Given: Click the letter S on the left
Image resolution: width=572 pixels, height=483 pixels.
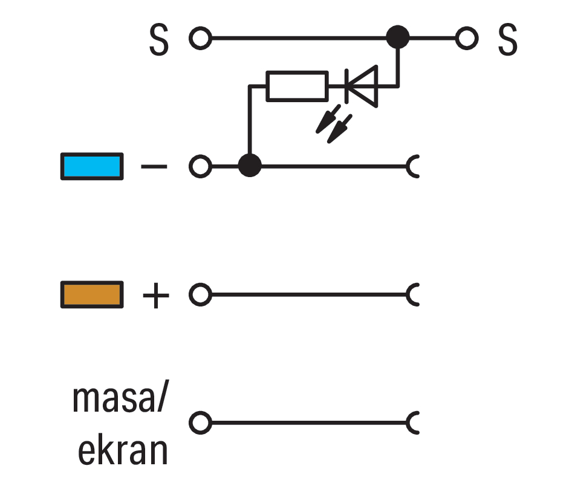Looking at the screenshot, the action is (x=159, y=39).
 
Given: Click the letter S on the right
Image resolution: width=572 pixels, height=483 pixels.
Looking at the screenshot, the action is (x=508, y=39).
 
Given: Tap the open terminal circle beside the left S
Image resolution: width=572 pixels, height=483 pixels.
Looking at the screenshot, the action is (x=200, y=38).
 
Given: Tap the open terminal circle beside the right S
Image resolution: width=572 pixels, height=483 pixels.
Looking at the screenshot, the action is (x=467, y=38).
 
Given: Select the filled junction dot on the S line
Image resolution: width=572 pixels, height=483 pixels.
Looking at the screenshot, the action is (x=398, y=37).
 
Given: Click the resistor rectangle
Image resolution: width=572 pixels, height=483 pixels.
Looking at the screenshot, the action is (x=297, y=86).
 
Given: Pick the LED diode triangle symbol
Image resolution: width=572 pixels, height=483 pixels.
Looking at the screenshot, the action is (x=361, y=86).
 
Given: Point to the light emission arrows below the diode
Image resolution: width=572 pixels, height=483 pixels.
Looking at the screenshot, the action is (x=334, y=124).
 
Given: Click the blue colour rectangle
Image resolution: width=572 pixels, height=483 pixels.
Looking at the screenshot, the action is (x=92, y=166).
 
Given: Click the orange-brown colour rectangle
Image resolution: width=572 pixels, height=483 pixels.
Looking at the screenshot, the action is (x=92, y=295).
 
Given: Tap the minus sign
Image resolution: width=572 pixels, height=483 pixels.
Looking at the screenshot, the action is (x=154, y=167).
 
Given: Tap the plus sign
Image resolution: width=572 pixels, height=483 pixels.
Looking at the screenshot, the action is (x=156, y=295).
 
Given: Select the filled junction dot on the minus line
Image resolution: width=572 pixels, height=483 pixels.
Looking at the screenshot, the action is (x=250, y=165).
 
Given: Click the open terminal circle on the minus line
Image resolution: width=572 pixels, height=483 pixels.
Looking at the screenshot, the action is (x=200, y=166).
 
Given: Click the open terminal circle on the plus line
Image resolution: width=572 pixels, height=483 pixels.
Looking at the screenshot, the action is (x=200, y=294).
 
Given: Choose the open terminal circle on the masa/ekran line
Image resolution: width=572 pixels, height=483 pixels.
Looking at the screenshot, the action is (x=200, y=423).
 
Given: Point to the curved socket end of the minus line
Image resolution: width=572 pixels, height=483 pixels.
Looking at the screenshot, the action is (x=409, y=166).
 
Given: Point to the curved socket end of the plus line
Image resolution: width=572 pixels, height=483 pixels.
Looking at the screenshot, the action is (x=409, y=294).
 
